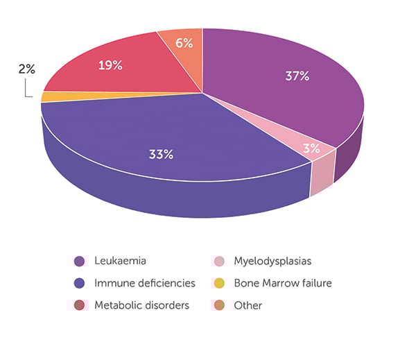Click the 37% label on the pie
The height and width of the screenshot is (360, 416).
pos(297,76)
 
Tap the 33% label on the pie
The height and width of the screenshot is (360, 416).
pos(161,154)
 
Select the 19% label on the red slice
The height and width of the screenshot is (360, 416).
pos(110,66)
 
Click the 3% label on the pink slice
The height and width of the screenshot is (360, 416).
pos(311,148)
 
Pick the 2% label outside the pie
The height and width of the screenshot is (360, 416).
pos(27,69)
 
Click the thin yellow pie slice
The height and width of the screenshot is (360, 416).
pos(49,96)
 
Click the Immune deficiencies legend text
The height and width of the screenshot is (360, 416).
pos(144,283)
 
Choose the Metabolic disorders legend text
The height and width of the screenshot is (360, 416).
pos(141,305)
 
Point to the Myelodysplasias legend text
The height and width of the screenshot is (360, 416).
pos(272,262)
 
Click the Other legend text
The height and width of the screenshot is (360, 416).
pos(248,305)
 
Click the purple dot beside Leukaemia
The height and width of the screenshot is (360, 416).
pos(80,262)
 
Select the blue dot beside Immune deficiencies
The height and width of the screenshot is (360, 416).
pos(80,283)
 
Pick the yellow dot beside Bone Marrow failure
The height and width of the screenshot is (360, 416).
pos(218,283)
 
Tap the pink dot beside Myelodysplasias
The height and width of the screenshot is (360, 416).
pos(218,262)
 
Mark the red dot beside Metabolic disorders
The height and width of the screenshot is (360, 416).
pos(80,305)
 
